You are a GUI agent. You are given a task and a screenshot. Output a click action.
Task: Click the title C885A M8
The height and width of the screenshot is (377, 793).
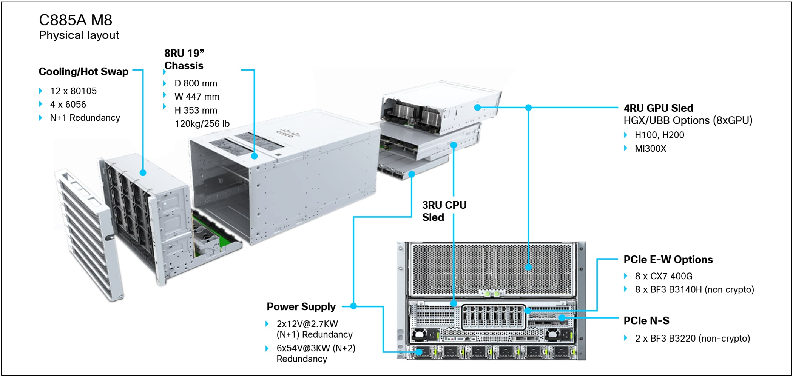coord(76,20)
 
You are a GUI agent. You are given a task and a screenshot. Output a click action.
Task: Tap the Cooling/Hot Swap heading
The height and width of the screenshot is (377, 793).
coord(83,72)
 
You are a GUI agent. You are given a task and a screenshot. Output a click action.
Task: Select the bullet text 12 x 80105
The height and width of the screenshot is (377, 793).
coord(73,91)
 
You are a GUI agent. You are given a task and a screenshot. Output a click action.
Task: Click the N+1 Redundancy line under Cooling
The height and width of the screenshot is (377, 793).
coord(85,118)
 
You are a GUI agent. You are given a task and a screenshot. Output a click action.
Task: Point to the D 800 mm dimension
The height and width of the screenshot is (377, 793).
coord(196,83)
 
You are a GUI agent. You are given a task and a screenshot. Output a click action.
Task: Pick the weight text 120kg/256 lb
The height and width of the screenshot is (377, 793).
coord(202,124)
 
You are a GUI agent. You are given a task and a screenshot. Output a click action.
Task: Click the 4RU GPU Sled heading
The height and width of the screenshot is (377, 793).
coord(658,108)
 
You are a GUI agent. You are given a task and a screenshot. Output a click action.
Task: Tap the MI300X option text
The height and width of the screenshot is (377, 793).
coord(650,149)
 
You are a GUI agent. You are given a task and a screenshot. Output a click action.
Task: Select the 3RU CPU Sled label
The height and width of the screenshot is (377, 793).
coord(444,211)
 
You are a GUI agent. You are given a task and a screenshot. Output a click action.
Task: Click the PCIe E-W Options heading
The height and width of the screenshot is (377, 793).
coord(668,260)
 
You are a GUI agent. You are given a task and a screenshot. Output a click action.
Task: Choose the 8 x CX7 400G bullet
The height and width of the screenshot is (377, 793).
coord(663,276)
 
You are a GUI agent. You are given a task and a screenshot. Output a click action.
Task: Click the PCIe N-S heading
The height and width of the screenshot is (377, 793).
coord(646,321)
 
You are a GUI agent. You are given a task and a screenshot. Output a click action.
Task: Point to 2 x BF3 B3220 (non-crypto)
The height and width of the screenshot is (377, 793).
coord(692,339)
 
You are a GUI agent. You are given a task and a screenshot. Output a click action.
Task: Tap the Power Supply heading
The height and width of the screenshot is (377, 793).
coord(301,306)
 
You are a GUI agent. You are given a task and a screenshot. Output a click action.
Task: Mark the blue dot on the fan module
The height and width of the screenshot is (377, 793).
coord(143,172)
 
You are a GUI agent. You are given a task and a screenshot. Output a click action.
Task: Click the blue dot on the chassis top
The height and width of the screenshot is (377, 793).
coord(255,156)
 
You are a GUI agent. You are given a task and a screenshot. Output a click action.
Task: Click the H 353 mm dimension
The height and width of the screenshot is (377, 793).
coord(196,111)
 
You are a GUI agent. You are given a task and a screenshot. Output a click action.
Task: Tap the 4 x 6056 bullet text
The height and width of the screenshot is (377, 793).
coord(68,105)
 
